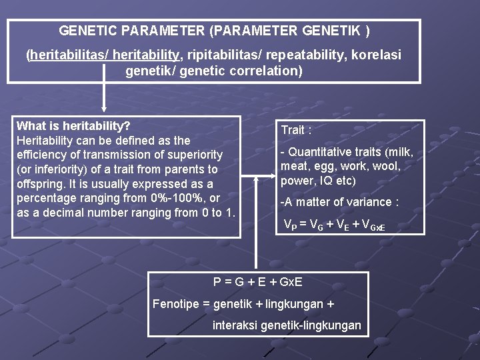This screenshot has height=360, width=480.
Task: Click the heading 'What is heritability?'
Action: pyautogui.click(x=73, y=126)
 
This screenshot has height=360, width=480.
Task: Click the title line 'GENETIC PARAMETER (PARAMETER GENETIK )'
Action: pyautogui.click(x=214, y=31)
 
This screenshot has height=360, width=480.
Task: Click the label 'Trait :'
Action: pyautogui.click(x=297, y=130)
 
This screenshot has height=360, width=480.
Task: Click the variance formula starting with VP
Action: pyautogui.click(x=338, y=225)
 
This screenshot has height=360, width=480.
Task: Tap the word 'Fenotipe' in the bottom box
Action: pyautogui.click(x=176, y=304)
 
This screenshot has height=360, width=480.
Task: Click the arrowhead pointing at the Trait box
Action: pyautogui.click(x=271, y=177)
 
